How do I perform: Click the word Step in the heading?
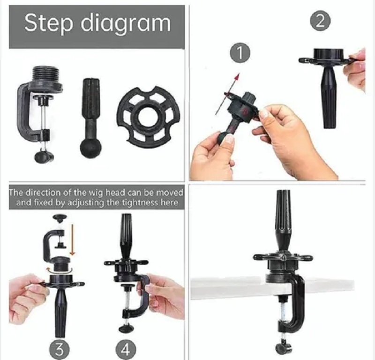point(48,23)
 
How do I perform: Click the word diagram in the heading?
point(126,23)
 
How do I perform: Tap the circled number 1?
point(240,52)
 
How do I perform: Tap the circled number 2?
point(320,21)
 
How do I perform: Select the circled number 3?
point(60,350)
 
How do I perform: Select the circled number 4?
point(125,350)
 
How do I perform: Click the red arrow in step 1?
point(227,94)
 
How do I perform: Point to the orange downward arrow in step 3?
point(73,240)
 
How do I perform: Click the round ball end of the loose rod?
point(90,148)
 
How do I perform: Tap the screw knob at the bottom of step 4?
point(127,327)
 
